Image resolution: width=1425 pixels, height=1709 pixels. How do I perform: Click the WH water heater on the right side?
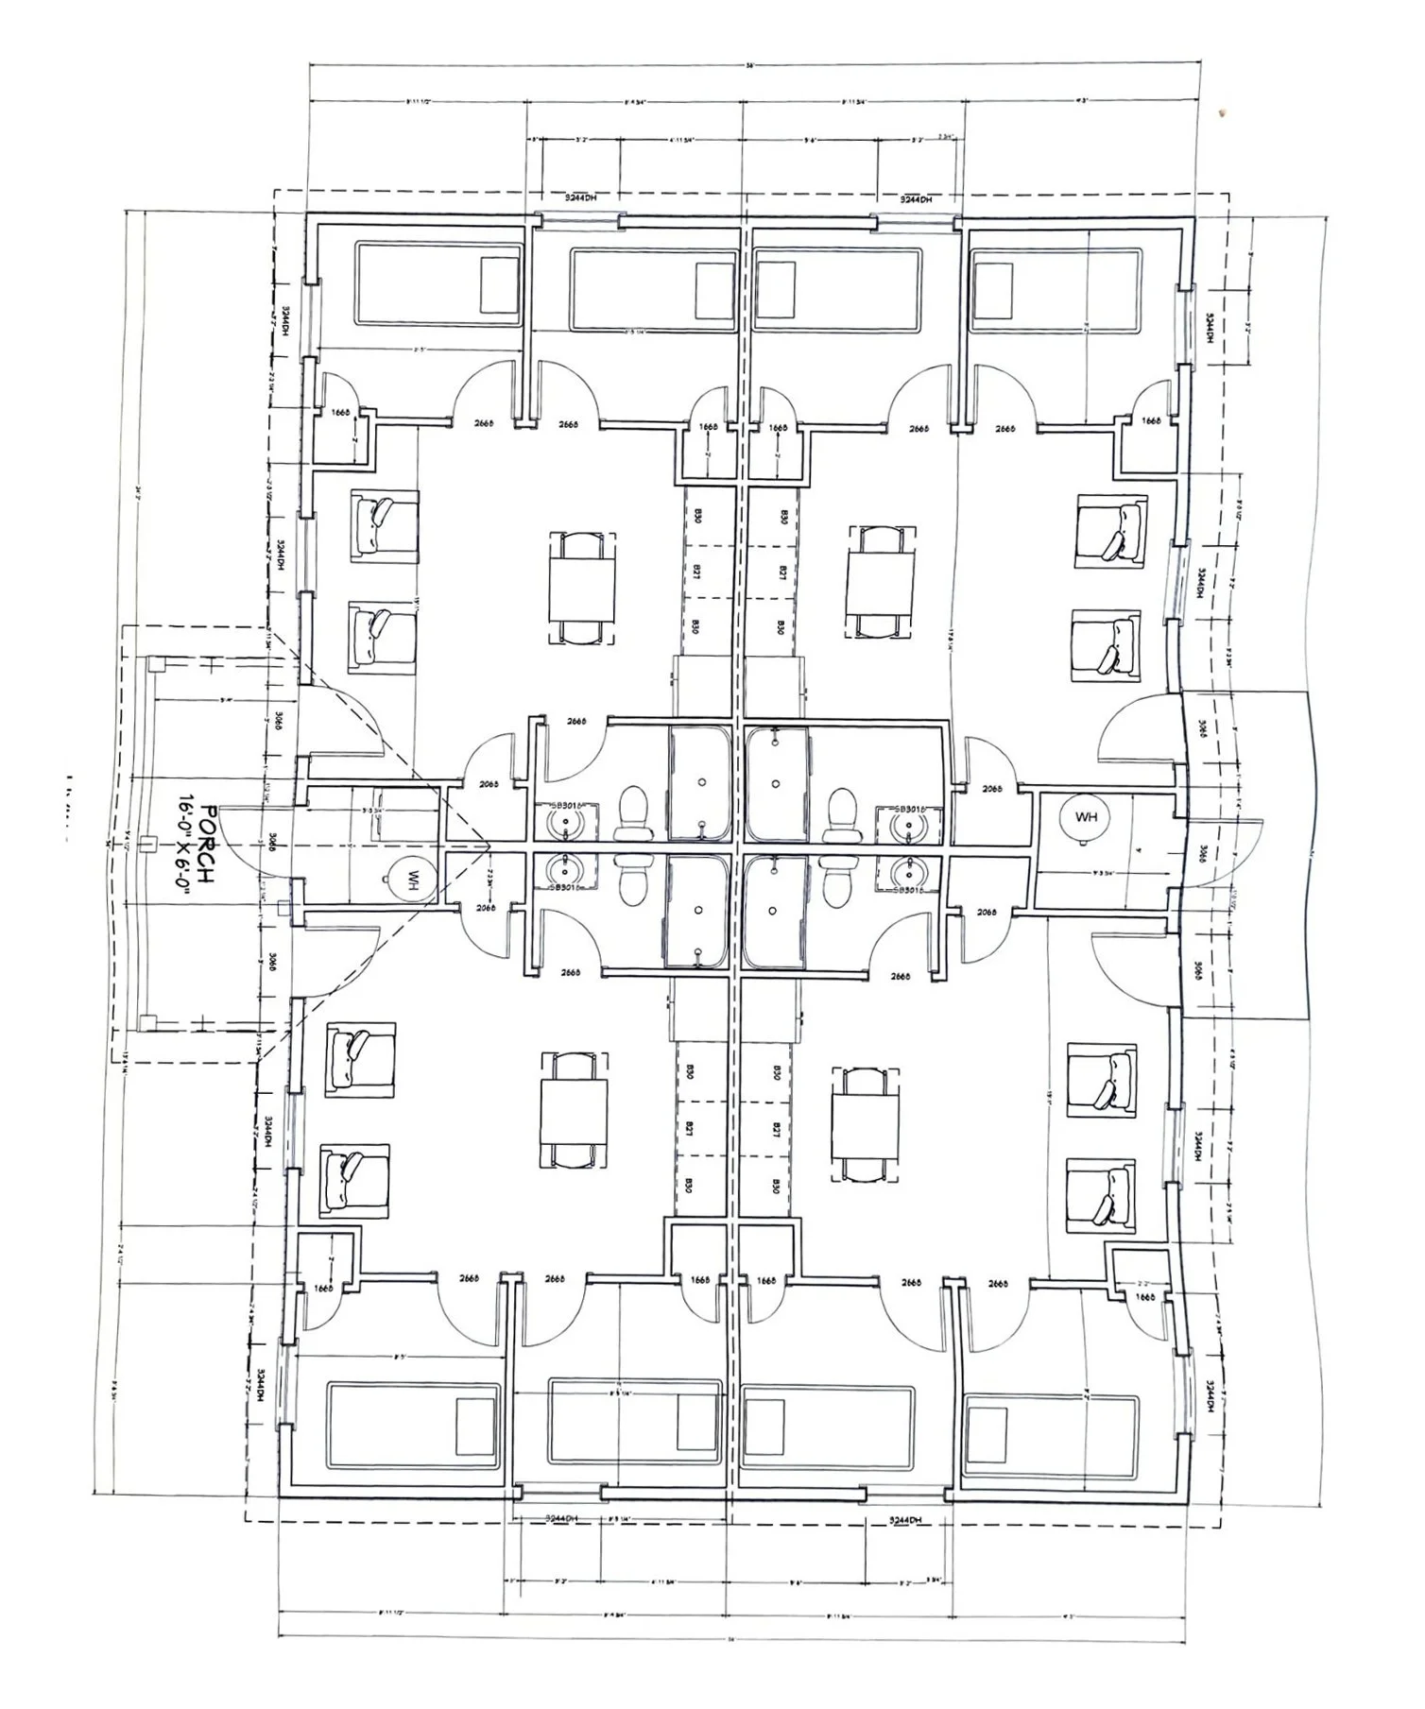(x=1086, y=816)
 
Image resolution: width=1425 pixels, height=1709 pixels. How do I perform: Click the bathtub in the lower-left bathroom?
(x=698, y=911)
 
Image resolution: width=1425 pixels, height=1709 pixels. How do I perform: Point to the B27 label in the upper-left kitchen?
(x=696, y=572)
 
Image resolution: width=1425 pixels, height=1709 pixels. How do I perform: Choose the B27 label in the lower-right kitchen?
(x=775, y=1128)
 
